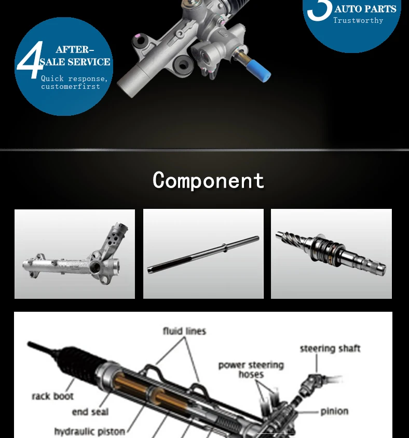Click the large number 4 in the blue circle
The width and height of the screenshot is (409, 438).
point(30,61)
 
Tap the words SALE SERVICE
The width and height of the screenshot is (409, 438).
point(75,62)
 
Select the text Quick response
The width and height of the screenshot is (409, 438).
point(74,78)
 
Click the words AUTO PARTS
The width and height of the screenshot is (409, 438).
point(365,9)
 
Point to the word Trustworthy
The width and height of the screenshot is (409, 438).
point(358,21)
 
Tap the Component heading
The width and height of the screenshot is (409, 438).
point(208,180)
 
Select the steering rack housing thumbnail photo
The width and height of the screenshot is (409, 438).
point(75,254)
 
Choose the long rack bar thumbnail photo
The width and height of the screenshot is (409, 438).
point(203,254)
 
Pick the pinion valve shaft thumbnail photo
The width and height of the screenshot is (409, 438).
point(331,254)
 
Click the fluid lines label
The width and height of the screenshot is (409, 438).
point(184,331)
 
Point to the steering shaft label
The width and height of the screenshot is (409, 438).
point(330,348)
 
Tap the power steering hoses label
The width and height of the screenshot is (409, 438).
point(251,369)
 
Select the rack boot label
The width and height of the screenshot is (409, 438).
point(52,396)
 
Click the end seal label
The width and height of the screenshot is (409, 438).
point(90,412)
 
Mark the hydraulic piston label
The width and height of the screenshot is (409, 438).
point(90,431)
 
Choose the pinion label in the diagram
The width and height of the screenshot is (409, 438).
point(334,411)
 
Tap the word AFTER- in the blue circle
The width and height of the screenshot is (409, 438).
point(75,50)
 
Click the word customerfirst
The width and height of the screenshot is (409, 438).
point(71,86)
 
